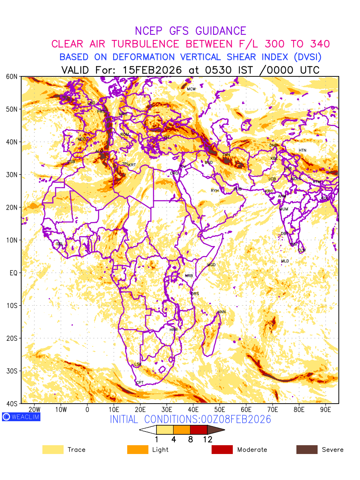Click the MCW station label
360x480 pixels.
pyautogui.click(x=191, y=89)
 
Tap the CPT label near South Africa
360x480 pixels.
pyautogui.click(x=140, y=383)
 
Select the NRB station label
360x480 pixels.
pyautogui.click(x=189, y=276)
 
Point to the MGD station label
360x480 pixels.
pyautogui.click(x=211, y=265)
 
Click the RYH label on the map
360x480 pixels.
pyautogui.click(x=215, y=191)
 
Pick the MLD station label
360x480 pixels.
pyautogui.click(x=285, y=261)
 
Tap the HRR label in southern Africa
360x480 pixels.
pyautogui.click(x=174, y=330)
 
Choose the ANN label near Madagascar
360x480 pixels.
pyautogui.click(x=222, y=312)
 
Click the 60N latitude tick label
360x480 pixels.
pyautogui.click(x=12, y=76)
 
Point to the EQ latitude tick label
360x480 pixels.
pyautogui.click(x=13, y=273)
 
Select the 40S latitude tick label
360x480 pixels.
pyautogui.click(x=12, y=404)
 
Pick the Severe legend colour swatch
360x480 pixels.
pyautogui.click(x=307, y=450)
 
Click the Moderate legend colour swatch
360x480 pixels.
pyautogui.click(x=222, y=450)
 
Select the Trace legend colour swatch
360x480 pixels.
pyautogui.click(x=53, y=450)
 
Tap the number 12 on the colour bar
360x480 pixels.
pyautogui.click(x=207, y=440)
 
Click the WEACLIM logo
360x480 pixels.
pyautogui.click(x=21, y=417)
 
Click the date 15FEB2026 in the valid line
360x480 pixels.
pyautogui.click(x=152, y=70)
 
